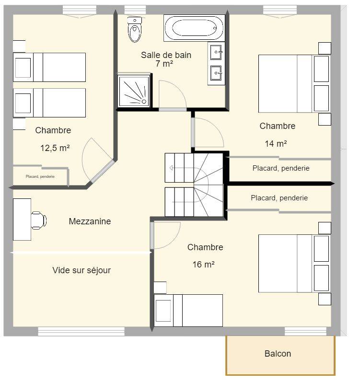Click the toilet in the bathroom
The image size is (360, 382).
[134, 29]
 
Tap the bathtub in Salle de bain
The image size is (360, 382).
[194, 28]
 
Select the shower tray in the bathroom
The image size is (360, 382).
[134, 91]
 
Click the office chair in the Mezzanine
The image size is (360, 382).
[38, 220]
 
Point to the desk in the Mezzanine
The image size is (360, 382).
[22, 220]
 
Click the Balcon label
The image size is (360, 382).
[278, 354]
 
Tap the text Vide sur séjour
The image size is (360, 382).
[81, 270]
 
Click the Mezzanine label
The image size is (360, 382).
[90, 221]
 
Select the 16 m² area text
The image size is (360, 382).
[203, 264]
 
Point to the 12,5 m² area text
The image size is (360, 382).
[55, 148]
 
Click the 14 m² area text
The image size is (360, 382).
[276, 143]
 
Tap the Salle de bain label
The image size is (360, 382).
[166, 55]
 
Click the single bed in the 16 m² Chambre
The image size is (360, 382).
[188, 311]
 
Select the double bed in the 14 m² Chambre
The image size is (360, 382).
[294, 84]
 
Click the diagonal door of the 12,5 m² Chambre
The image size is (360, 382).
[102, 171]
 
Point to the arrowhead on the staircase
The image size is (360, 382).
[171, 168]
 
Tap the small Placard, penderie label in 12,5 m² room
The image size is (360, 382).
[40, 176]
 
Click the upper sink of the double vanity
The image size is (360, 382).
[216, 52]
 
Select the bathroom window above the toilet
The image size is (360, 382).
[135, 10]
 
